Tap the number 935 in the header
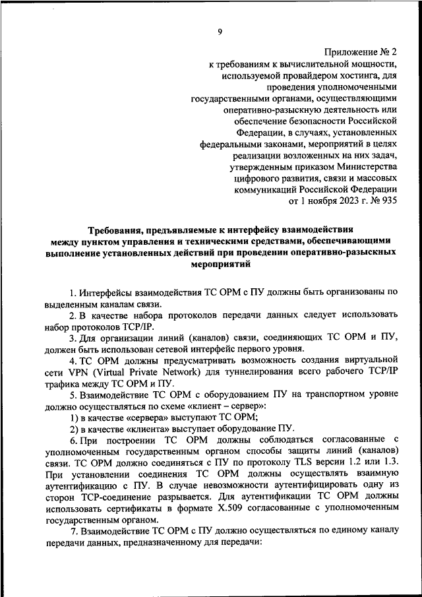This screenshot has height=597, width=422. coord(387,201)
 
